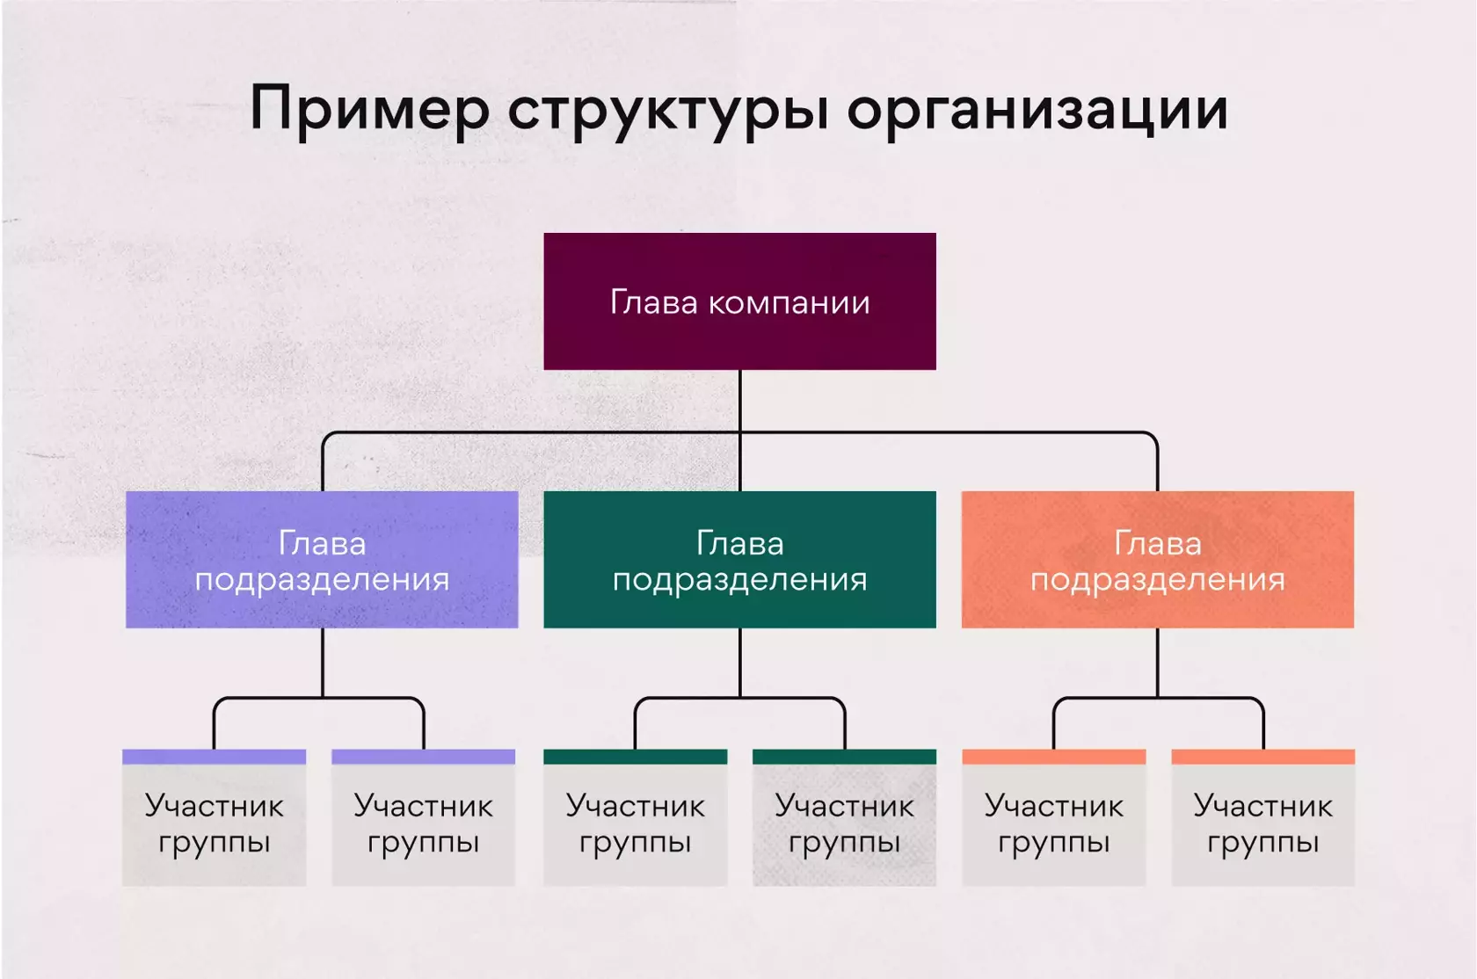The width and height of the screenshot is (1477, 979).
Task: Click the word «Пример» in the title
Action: (x=369, y=110)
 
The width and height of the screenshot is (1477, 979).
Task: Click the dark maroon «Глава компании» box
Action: (x=739, y=301)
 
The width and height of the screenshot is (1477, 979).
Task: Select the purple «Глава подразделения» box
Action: (x=322, y=560)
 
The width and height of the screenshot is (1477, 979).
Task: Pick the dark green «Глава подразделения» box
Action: (x=739, y=560)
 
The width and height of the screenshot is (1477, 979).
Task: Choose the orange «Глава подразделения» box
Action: (x=1157, y=560)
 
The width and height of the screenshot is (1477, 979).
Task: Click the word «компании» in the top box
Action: (x=789, y=303)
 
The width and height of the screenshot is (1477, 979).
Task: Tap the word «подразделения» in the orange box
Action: (x=1157, y=580)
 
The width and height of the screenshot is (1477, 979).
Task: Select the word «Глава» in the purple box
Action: (x=322, y=543)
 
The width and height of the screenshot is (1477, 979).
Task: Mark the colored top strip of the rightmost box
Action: (x=1262, y=757)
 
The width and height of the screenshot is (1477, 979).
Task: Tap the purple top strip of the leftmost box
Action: (x=214, y=757)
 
